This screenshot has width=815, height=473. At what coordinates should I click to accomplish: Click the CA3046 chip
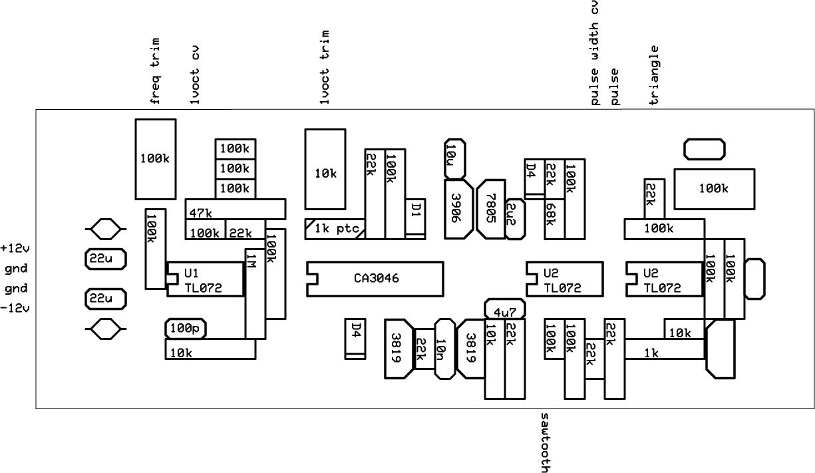tap(375, 278)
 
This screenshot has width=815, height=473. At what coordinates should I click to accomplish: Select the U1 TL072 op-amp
tap(204, 281)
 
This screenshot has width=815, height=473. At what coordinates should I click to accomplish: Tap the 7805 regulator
tap(491, 209)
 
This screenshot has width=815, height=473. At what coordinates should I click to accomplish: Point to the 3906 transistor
tap(457, 208)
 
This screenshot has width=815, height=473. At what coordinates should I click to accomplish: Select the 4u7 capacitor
tap(505, 309)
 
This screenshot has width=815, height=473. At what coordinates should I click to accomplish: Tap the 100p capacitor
tap(186, 328)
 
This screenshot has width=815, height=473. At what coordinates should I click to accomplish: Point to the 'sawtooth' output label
tap(544, 441)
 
